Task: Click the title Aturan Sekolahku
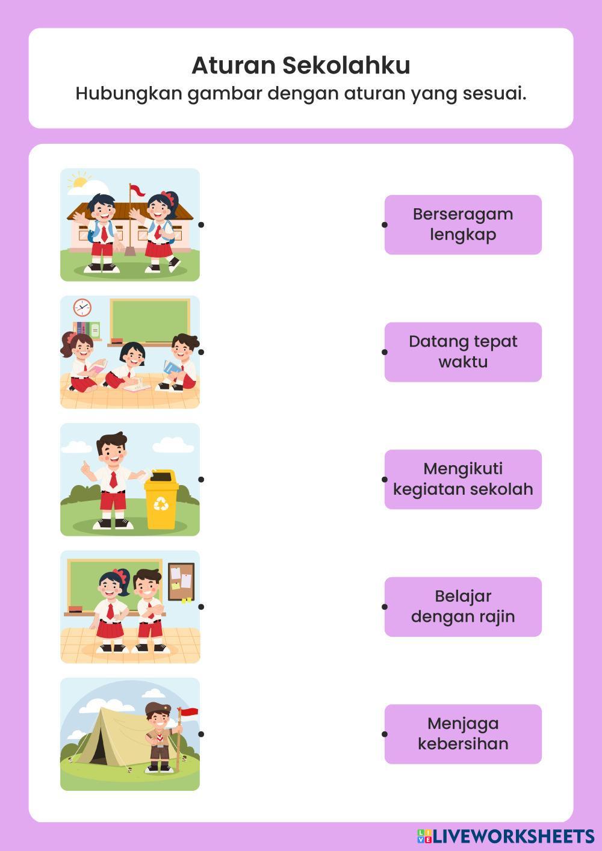[x=301, y=65]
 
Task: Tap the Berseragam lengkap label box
[x=463, y=224]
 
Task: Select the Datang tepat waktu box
[x=463, y=352]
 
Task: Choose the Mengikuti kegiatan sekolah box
[x=463, y=479]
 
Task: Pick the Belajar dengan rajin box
[x=463, y=607]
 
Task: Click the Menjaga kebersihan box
[x=463, y=734]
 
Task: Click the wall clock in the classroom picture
[x=82, y=308]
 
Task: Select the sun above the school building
[x=79, y=181]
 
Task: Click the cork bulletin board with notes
[x=181, y=581]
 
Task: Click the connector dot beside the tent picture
[x=201, y=734]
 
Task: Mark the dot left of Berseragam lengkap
[x=385, y=224]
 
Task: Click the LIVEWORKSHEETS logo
[x=506, y=836]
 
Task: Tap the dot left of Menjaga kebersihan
[x=385, y=734]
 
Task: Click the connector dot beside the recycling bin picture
[x=201, y=479]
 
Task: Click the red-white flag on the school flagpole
[x=137, y=191]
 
